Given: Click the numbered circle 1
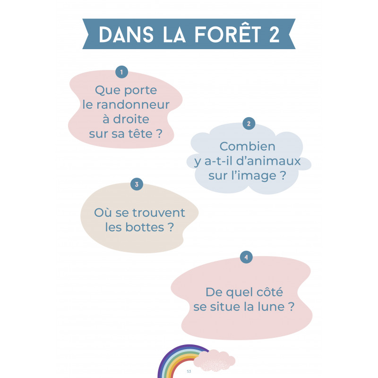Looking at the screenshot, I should click(x=122, y=72).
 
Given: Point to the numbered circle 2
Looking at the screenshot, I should click(x=249, y=124).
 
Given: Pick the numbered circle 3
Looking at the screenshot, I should click(x=136, y=184).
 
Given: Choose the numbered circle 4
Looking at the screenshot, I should click(x=246, y=258).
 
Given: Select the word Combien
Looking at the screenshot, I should click(x=247, y=147).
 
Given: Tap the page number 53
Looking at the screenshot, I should click(x=189, y=371).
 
